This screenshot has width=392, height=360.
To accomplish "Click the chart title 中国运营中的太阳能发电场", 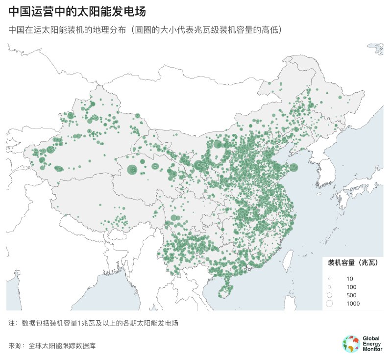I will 76,11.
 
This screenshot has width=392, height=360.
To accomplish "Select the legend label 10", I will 349,279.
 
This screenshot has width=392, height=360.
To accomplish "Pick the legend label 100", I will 351,286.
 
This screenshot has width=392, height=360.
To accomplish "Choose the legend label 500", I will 351,295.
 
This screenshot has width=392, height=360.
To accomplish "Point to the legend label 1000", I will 353,304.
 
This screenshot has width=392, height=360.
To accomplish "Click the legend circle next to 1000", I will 329,304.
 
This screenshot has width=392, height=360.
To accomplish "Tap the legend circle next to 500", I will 329,295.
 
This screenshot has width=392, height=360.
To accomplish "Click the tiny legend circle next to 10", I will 329,279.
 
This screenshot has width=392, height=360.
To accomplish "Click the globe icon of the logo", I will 351,344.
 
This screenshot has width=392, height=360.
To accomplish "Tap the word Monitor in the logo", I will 373,349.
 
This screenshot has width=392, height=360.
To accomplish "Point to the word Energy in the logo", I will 372,344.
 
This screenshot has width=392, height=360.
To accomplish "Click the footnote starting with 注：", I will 93,324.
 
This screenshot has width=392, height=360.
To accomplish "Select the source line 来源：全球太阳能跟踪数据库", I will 52,346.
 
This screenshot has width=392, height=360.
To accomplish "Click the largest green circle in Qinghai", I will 132,170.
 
